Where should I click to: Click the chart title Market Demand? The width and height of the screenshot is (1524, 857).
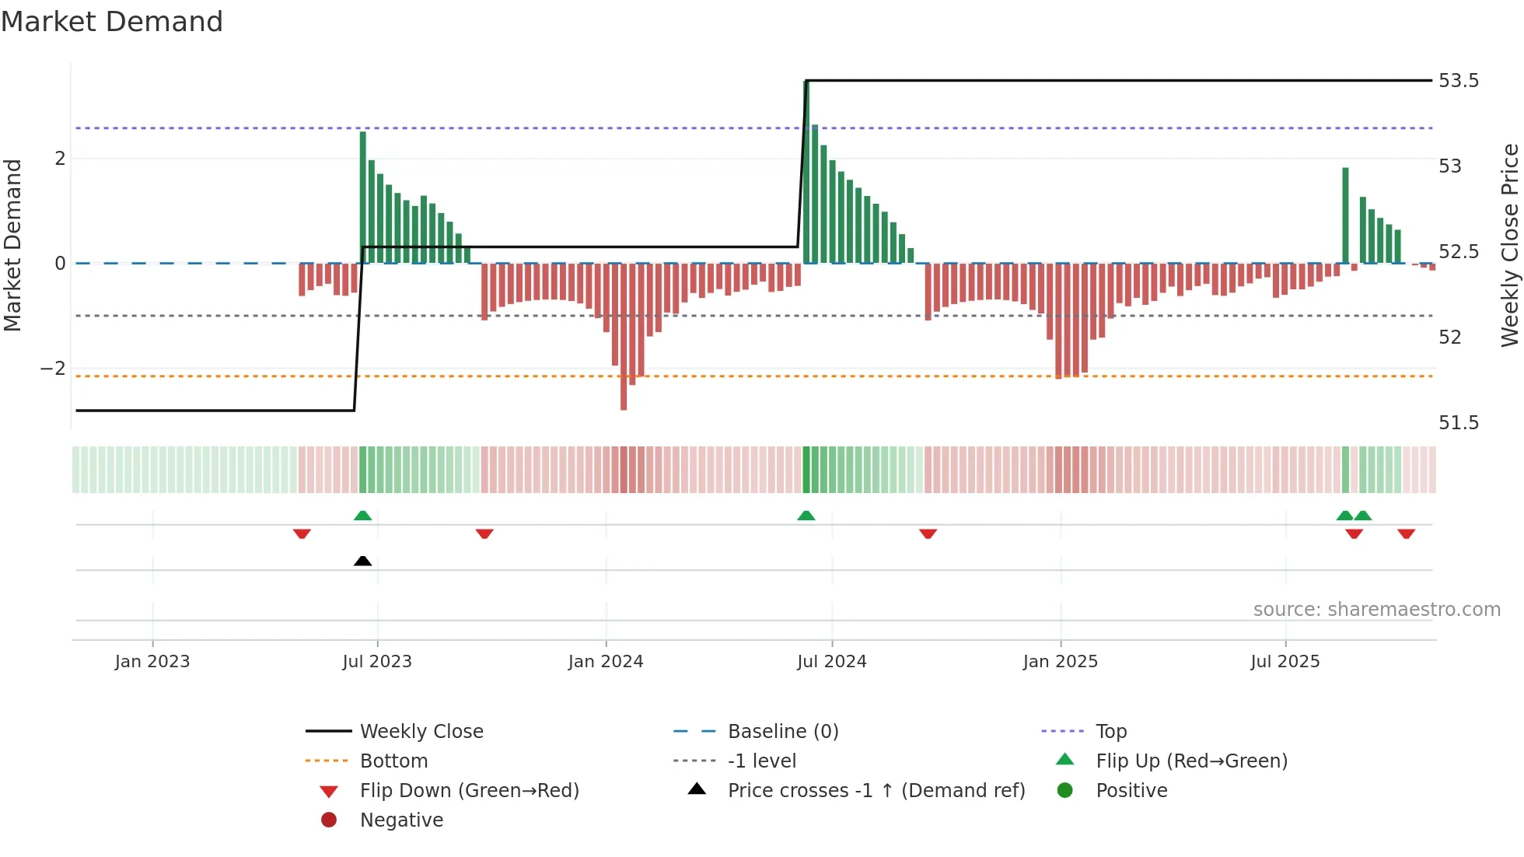112,22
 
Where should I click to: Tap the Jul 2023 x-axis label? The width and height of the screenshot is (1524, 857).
377,662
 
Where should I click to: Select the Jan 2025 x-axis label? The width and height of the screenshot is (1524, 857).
1060,662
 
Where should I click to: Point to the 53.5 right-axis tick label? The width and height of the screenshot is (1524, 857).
1459,81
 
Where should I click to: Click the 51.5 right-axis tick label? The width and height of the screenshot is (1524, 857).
1459,423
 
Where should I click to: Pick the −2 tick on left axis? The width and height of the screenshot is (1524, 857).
53,369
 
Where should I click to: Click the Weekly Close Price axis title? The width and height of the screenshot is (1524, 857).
1509,245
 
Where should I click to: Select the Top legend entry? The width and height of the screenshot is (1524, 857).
1110,732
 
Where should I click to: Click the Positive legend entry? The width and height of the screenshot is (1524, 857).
1131,791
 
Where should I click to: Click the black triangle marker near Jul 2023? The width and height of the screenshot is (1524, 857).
362,561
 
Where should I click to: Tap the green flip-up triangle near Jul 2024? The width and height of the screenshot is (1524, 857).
806,516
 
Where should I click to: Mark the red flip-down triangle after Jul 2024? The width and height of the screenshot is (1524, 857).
928,533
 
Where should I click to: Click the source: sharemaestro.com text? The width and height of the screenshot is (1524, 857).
1376,610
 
